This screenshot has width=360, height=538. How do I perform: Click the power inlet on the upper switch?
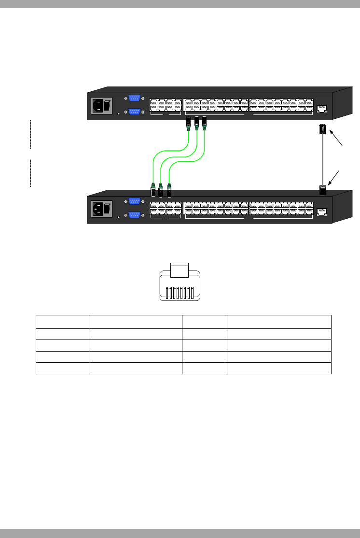(x=97, y=106)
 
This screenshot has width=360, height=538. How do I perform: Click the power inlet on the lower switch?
(x=97, y=209)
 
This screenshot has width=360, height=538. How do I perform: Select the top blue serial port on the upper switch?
(x=134, y=98)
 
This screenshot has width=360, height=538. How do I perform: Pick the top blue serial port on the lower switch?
(x=134, y=201)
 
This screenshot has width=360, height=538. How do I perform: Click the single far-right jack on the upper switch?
(x=321, y=108)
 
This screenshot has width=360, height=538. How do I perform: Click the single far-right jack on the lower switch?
(x=321, y=211)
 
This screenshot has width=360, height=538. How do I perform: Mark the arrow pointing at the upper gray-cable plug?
(x=337, y=141)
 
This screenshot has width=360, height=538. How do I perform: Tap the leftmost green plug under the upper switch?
(x=188, y=124)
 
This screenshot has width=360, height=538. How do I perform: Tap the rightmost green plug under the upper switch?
(x=205, y=124)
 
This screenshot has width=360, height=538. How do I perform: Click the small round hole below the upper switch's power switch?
(x=119, y=114)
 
